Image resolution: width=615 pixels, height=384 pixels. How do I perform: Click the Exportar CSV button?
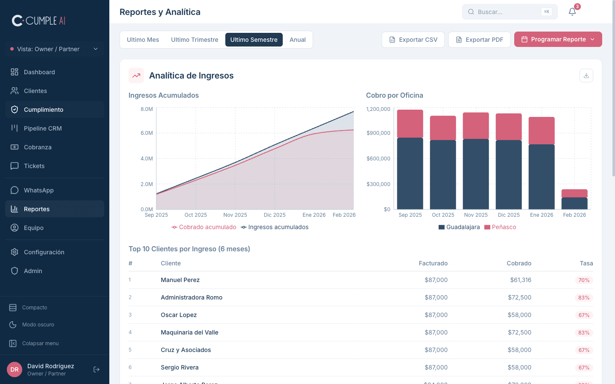click(x=413, y=40)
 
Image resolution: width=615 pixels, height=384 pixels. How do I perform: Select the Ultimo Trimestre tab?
click(x=194, y=40)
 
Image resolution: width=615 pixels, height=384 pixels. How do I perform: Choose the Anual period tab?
click(x=297, y=40)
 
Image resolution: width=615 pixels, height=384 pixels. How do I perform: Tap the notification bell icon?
click(x=572, y=12)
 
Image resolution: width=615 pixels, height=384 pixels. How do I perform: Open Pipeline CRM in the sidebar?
click(x=43, y=128)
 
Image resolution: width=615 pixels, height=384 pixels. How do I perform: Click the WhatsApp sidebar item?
click(x=38, y=190)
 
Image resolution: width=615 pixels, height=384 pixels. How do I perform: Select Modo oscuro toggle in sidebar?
click(x=38, y=325)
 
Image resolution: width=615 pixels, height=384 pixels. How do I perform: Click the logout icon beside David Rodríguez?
click(x=97, y=369)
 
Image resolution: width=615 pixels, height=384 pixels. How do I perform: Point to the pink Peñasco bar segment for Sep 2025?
click(x=410, y=124)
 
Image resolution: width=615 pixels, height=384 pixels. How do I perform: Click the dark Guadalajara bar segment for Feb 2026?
click(x=574, y=204)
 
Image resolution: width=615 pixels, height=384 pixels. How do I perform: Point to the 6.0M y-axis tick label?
click(x=146, y=133)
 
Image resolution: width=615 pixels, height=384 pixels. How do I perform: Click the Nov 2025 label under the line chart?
click(x=235, y=215)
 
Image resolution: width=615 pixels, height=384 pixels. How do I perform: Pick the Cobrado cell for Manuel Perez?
click(x=520, y=280)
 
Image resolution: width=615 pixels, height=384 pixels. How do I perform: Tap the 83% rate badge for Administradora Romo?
click(x=583, y=298)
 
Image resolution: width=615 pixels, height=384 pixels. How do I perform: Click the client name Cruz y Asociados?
click(x=186, y=350)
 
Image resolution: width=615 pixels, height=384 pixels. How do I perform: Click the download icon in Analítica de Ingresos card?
click(x=586, y=76)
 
